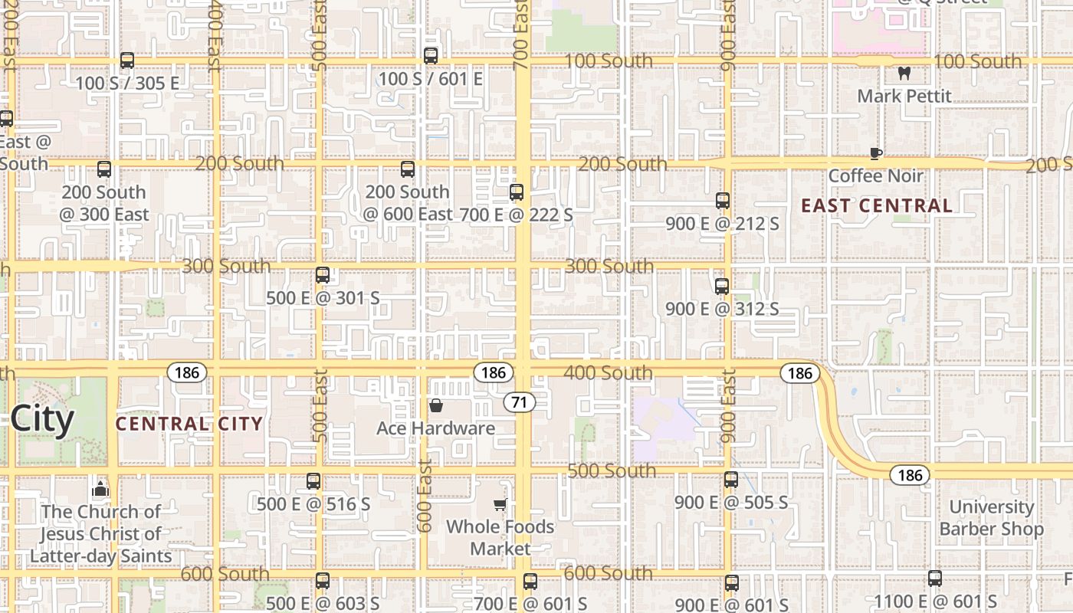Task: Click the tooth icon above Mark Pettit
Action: tap(904, 74)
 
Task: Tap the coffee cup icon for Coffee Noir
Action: tap(876, 153)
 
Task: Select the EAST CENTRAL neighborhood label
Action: tap(877, 205)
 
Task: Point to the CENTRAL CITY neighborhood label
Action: tap(189, 424)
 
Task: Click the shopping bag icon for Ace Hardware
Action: tap(436, 405)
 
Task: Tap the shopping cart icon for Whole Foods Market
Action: tap(500, 504)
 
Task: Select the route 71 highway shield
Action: tap(519, 402)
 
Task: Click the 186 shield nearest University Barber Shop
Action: tap(910, 475)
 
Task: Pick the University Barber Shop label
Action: tap(991, 518)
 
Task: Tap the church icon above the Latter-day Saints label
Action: tap(100, 489)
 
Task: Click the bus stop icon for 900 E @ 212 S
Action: tap(722, 201)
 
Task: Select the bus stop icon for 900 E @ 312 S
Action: tap(722, 287)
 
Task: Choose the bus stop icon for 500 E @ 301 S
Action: tap(323, 274)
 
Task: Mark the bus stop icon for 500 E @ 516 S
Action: tap(313, 481)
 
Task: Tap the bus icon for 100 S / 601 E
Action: tap(431, 56)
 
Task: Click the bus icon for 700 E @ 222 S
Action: tap(517, 192)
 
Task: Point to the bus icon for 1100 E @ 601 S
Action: tap(935, 579)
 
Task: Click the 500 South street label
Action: tap(612, 470)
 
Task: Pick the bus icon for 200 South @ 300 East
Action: tap(104, 169)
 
